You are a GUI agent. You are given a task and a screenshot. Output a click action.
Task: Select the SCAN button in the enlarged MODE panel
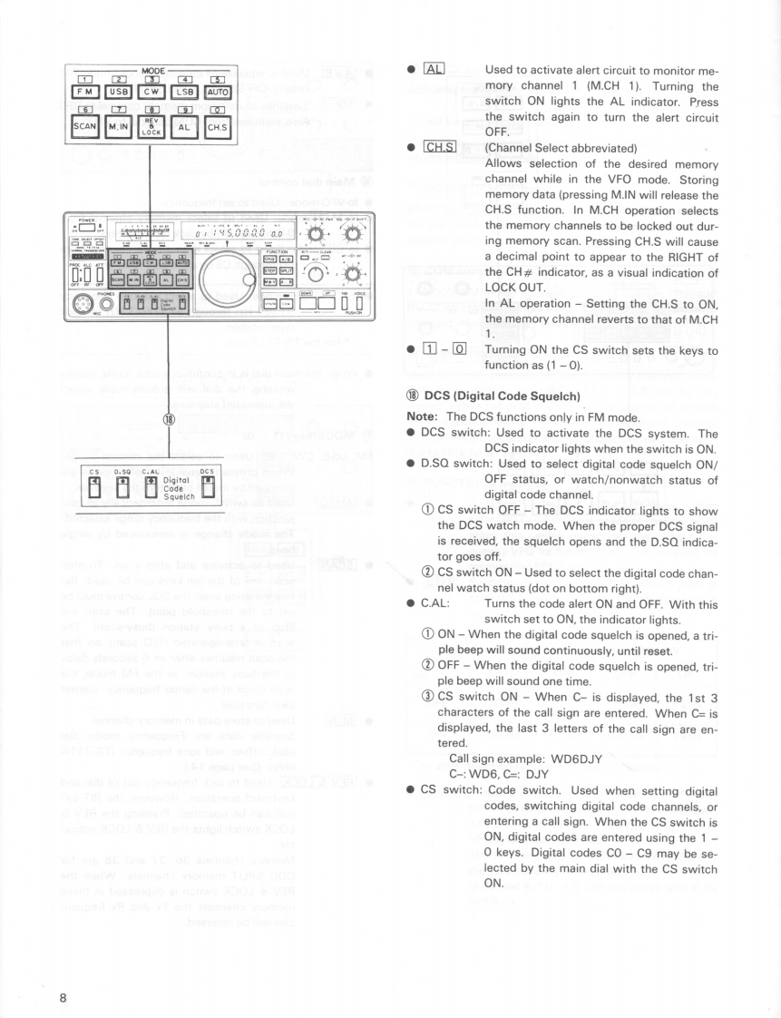coord(85,127)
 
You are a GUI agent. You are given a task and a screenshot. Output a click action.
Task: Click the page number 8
coord(63,972)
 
